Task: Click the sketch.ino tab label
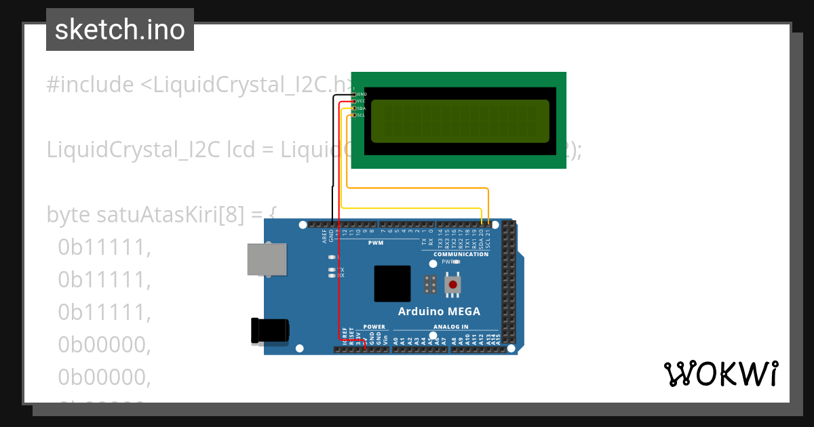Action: (119, 30)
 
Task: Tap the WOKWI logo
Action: (720, 373)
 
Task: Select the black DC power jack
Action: (270, 331)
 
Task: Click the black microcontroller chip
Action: (392, 283)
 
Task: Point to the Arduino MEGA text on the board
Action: (438, 312)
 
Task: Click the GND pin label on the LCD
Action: (362, 94)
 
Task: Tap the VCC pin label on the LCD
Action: (362, 101)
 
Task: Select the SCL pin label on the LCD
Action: (362, 115)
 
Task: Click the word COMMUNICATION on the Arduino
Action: (461, 254)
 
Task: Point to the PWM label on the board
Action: (375, 243)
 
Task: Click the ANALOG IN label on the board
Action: (450, 327)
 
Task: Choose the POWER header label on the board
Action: (374, 327)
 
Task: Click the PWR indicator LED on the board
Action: (457, 261)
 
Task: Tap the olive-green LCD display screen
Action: (460, 121)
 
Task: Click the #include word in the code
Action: (90, 85)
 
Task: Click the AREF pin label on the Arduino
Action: (324, 236)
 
